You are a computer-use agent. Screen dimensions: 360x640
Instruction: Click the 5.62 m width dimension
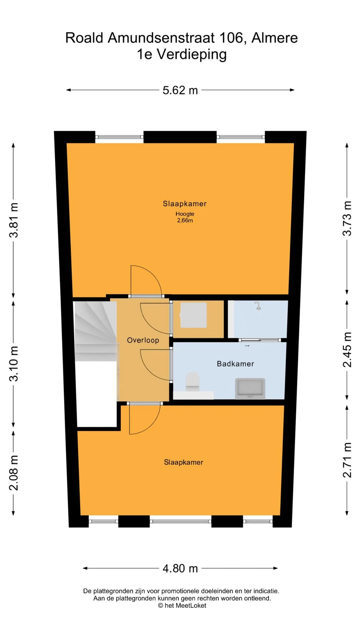[x=180, y=90]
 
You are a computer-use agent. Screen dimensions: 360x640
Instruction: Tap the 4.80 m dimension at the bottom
[x=180, y=568]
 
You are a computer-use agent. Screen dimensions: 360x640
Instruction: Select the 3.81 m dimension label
[x=14, y=220]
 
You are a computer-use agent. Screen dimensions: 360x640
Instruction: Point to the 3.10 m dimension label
[x=14, y=364]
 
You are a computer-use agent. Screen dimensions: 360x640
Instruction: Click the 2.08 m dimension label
[x=14, y=473]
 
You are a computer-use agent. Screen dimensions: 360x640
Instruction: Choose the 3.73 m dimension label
[x=347, y=219]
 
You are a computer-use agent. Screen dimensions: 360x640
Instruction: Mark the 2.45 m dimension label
[x=347, y=350]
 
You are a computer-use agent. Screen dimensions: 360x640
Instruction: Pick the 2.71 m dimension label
[x=347, y=460]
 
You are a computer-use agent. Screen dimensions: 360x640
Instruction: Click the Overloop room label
[x=143, y=340]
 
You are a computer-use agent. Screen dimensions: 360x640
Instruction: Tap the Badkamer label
[x=235, y=364]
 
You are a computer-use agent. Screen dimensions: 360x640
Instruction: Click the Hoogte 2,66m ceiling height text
[x=185, y=217]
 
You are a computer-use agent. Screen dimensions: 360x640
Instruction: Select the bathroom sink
[x=250, y=388]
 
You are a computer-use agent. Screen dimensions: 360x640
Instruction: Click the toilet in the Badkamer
[x=192, y=382]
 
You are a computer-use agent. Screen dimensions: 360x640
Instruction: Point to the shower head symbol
[x=258, y=305]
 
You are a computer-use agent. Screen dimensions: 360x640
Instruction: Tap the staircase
[x=96, y=331]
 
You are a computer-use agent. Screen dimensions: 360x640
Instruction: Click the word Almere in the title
[x=274, y=38]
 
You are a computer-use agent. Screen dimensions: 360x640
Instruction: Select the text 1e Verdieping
[x=182, y=54]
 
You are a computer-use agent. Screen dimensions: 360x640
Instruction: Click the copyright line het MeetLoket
[x=182, y=606]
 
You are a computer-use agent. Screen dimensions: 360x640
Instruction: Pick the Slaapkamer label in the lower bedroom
[x=183, y=462]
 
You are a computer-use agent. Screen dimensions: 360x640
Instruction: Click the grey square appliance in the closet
[x=193, y=315]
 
